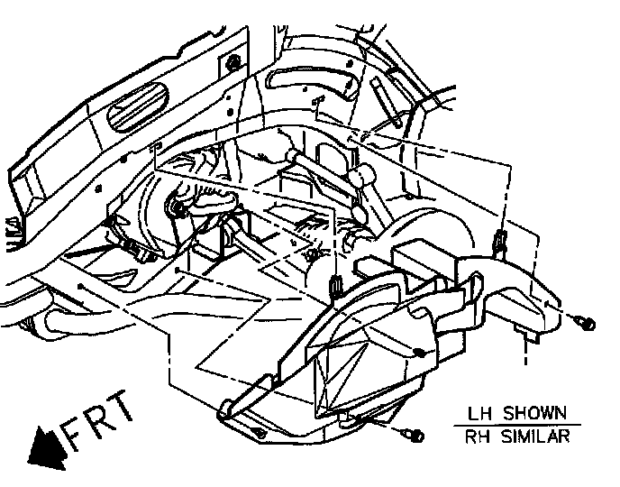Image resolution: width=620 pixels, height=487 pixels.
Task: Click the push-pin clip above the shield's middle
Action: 335,286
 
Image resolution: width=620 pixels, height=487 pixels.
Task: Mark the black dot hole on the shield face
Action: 419,353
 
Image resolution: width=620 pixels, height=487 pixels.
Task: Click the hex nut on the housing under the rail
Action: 178,209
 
